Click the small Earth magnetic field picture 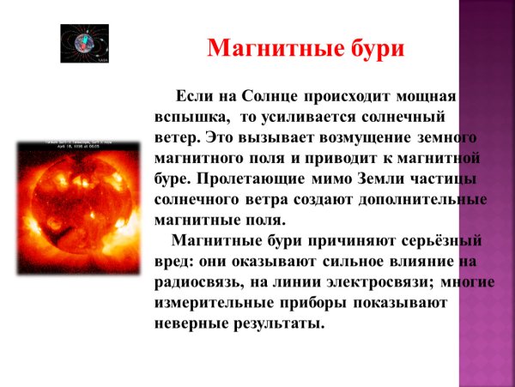(x=84, y=42)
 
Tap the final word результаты (x=283, y=324)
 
